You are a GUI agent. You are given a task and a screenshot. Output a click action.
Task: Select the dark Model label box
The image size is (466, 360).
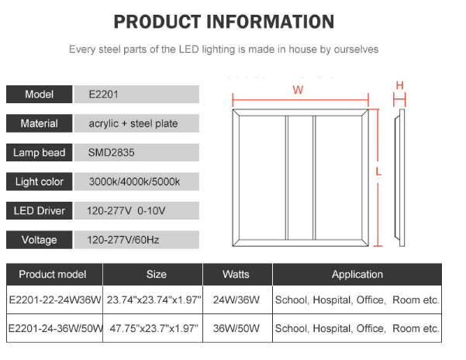pyautogui.click(x=40, y=95)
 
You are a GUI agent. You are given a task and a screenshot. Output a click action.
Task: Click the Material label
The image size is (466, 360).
pyautogui.click(x=40, y=123)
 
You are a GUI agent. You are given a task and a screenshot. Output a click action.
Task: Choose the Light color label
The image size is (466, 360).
pyautogui.click(x=40, y=182)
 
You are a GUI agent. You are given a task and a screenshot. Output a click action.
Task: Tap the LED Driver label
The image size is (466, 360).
pyautogui.click(x=40, y=211)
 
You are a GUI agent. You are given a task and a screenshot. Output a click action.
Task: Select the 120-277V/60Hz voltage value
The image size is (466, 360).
pyautogui.click(x=123, y=240)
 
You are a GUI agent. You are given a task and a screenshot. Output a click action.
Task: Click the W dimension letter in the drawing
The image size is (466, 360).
pyautogui.click(x=298, y=89)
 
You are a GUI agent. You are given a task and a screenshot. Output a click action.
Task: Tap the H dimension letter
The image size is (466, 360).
pyautogui.click(x=400, y=85)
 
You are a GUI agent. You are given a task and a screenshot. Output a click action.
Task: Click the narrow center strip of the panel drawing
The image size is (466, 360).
pyautogui.click(x=299, y=178)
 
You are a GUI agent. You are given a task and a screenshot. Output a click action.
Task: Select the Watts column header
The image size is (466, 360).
pyautogui.click(x=236, y=275)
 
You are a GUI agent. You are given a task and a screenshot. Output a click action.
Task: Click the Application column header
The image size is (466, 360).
pyautogui.click(x=357, y=275)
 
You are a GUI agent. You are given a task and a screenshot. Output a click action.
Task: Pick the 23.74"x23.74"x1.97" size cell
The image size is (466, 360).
pyautogui.click(x=154, y=299)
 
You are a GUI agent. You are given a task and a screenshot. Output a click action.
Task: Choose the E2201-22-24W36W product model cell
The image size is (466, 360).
pyautogui.click(x=54, y=299)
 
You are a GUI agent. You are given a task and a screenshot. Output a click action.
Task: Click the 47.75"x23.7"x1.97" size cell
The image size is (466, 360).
pyautogui.click(x=154, y=329)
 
